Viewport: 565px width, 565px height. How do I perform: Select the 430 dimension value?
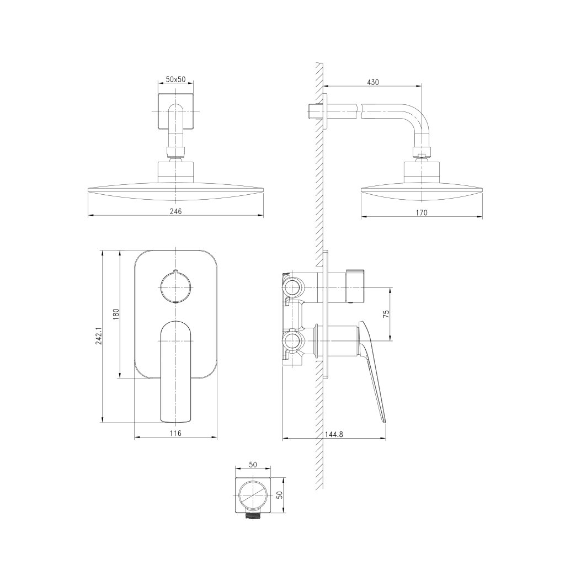[372, 82]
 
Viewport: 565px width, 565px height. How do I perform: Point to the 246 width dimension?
[175, 211]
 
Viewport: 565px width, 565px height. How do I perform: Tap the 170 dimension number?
[421, 212]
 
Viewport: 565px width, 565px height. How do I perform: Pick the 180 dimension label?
[116, 314]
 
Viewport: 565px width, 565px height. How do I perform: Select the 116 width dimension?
[175, 433]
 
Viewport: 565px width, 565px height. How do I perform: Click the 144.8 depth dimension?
[334, 434]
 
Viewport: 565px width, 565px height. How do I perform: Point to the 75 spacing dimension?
[386, 313]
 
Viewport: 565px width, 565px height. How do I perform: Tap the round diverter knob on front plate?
[175, 287]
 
